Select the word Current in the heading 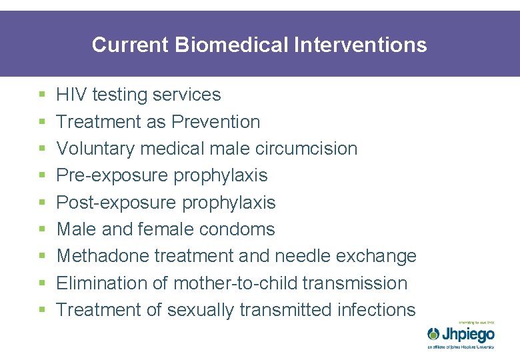131,45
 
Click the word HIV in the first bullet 71,95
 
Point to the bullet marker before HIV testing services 42,95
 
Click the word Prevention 215,122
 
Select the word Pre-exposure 113,175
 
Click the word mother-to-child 235,283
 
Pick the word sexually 200,310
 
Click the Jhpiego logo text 468,334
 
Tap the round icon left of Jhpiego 433,334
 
